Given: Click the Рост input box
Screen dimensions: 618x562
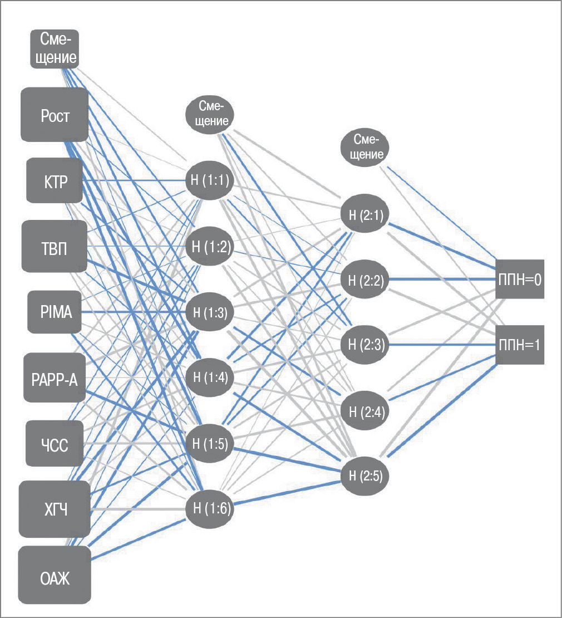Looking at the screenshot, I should [55, 115].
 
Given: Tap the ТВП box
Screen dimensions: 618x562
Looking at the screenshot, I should [55, 246].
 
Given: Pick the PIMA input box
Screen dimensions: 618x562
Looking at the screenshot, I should [55, 312].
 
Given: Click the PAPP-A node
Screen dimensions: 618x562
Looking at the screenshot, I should [55, 378].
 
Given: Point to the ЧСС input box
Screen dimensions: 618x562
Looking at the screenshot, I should [55, 444].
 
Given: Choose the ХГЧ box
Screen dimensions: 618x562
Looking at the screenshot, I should [55, 509].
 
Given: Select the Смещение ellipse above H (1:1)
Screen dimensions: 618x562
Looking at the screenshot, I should [209, 115].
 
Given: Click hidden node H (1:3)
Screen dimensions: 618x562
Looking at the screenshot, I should [209, 312].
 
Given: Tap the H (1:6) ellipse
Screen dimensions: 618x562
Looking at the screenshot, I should [209, 508].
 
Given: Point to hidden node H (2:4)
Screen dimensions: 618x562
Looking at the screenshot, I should [364, 411].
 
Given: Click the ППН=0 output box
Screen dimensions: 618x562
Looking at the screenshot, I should [519, 279].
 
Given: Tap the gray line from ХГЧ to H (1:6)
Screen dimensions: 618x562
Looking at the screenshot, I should [136, 509].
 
